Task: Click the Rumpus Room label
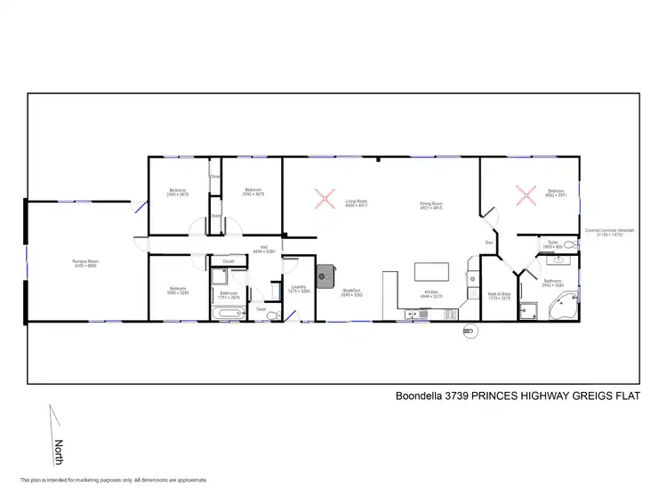85,261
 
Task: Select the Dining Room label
431,204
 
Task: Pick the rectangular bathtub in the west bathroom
229,312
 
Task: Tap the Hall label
264,247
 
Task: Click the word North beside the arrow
60,447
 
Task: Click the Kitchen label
430,291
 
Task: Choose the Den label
488,242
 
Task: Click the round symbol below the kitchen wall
470,331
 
